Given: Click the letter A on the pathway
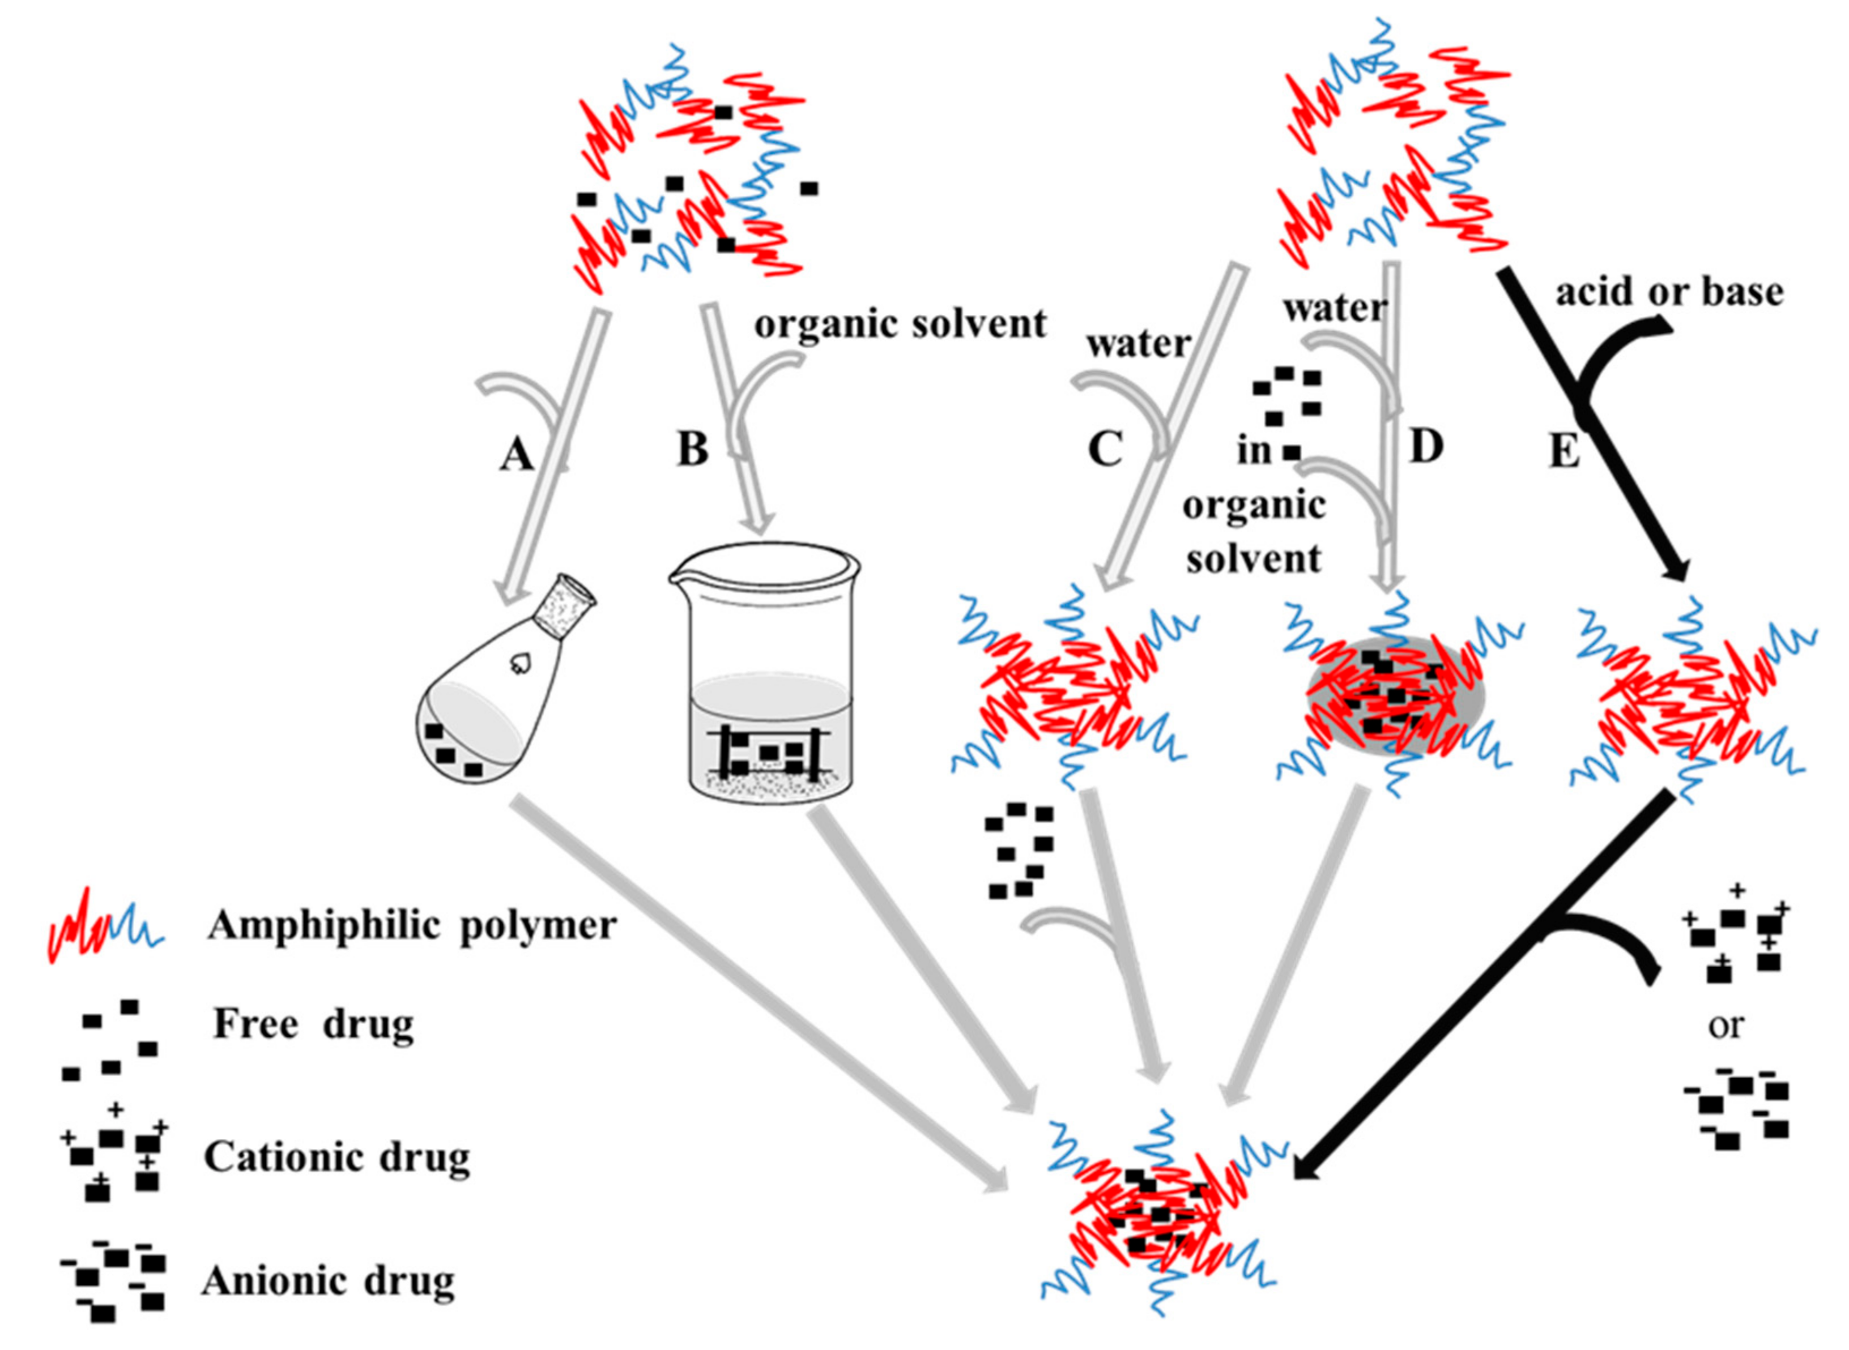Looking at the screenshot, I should [516, 456].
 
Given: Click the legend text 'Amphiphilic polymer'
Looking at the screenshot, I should [411, 926].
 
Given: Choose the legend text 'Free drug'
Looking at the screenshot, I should [313, 1024].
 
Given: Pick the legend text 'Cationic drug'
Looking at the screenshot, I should [337, 1156].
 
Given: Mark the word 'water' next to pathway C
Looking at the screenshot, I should [1137, 344].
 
